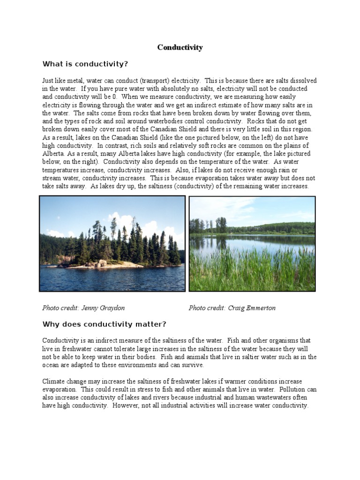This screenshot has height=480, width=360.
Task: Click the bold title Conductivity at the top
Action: tap(180, 47)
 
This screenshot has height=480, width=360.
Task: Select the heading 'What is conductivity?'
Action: tap(85, 64)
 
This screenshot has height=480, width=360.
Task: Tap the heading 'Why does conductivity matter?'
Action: tap(104, 324)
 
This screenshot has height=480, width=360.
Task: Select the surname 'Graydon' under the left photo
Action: tap(112, 308)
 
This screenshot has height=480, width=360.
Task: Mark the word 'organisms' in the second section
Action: tap(289, 340)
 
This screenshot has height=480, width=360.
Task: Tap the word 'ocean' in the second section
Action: tap(51, 365)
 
